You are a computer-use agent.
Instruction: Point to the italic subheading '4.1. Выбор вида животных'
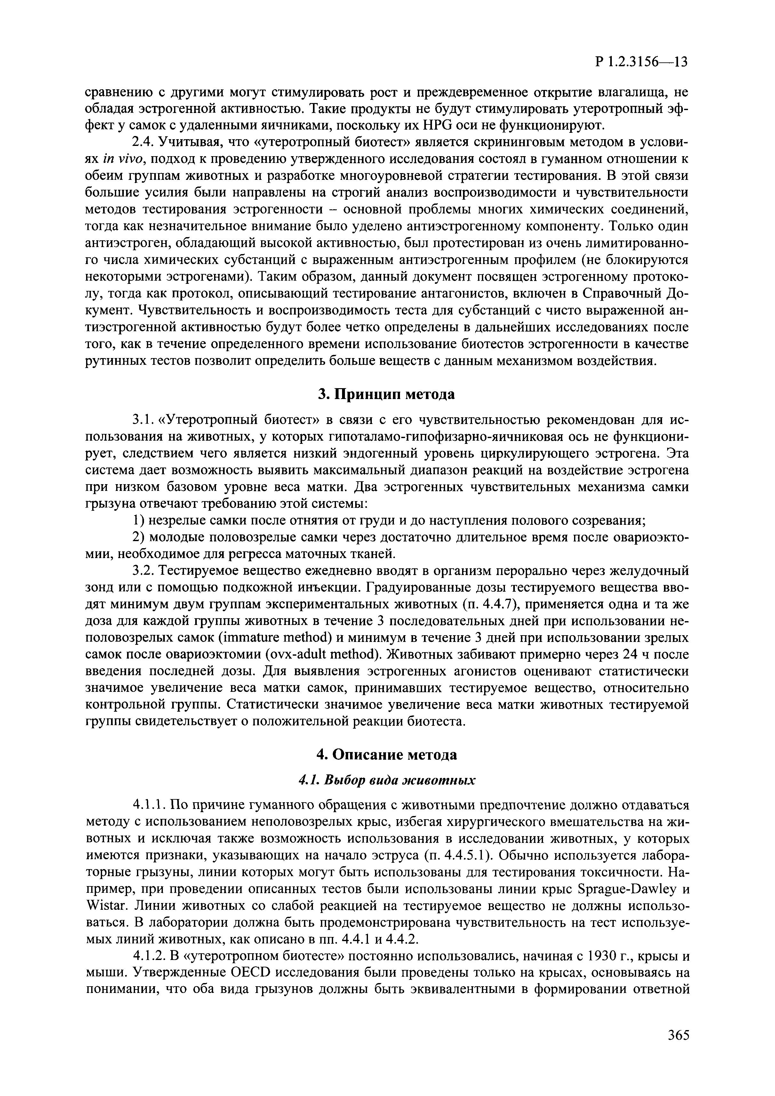(387, 780)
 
